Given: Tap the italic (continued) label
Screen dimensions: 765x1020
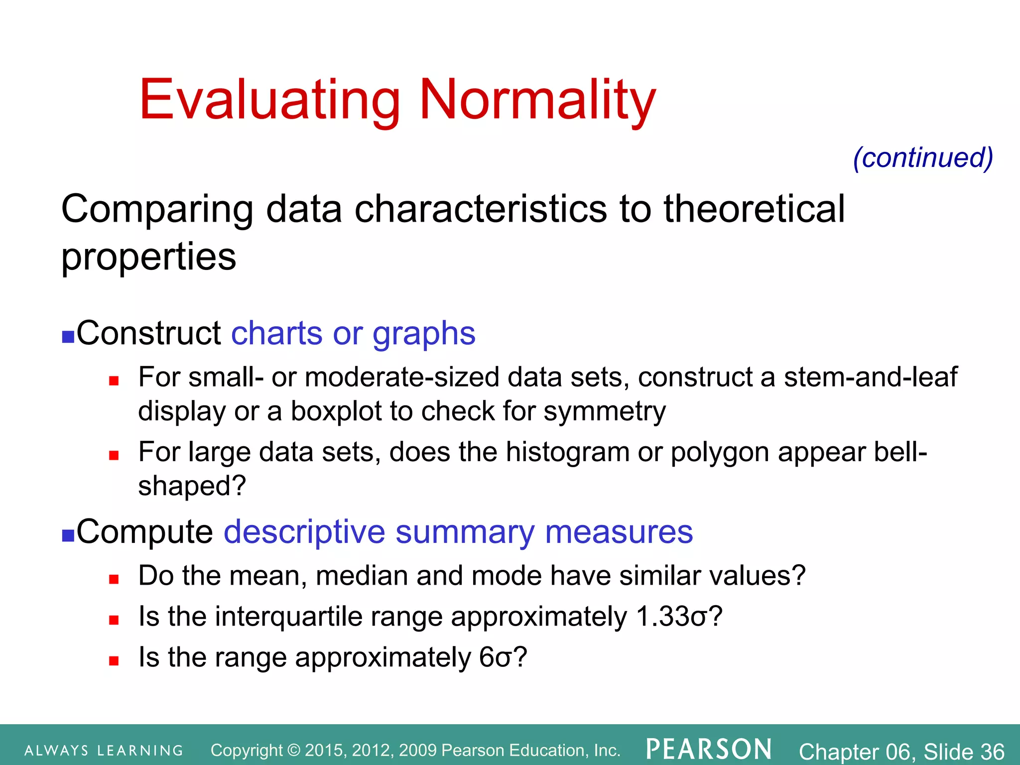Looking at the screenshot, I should pyautogui.click(x=923, y=158).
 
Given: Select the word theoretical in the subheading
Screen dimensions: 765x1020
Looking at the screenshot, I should pyautogui.click(x=754, y=209).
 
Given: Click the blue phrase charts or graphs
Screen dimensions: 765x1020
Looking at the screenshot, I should pyautogui.click(x=353, y=333).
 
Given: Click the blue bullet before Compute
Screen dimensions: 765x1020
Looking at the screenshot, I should pyautogui.click(x=68, y=535).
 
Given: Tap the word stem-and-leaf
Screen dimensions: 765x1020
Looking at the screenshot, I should pyautogui.click(x=870, y=377).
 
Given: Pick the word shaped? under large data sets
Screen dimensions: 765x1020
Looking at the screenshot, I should pyautogui.click(x=192, y=486).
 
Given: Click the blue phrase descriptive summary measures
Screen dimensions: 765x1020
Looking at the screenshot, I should pyautogui.click(x=458, y=532).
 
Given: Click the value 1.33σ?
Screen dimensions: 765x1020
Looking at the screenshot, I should pyautogui.click(x=679, y=617).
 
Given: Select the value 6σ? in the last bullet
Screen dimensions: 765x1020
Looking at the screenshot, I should pyautogui.click(x=503, y=657).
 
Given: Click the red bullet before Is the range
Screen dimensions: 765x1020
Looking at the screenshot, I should pyautogui.click(x=114, y=661).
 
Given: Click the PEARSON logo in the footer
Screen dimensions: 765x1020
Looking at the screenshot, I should pyautogui.click(x=709, y=750).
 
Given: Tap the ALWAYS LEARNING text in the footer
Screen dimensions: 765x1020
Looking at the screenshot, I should pyautogui.click(x=104, y=751).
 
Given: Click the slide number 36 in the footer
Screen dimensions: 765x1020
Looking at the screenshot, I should pyautogui.click(x=993, y=751).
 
